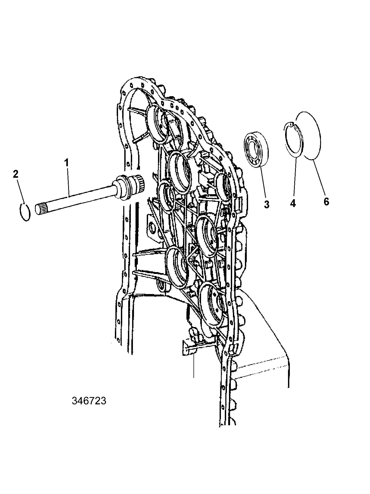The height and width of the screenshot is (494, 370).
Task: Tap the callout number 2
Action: pos(16,174)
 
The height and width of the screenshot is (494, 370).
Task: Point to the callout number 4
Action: pos(293,203)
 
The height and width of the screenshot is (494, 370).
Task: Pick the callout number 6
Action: pos(326,202)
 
